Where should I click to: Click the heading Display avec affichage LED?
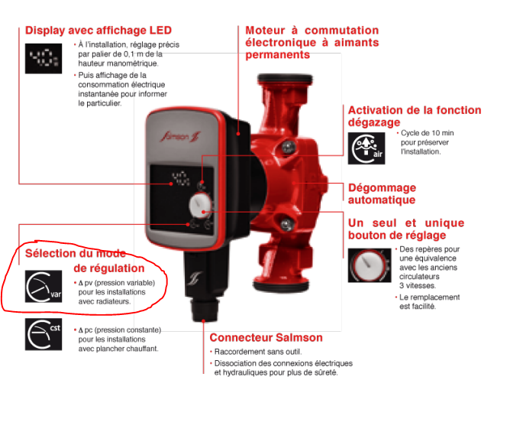pyautogui.click(x=98, y=31)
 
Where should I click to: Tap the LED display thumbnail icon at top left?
pyautogui.click(x=44, y=58)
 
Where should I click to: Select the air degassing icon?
pyautogui.click(x=366, y=148)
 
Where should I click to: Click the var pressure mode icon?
pyautogui.click(x=44, y=287)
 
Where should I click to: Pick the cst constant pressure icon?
pyautogui.click(x=44, y=334)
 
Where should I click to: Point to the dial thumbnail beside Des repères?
pyautogui.click(x=370, y=265)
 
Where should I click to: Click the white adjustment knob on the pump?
pyautogui.click(x=200, y=206)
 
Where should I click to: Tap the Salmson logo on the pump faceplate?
pyautogui.click(x=180, y=136)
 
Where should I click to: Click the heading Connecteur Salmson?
pyautogui.click(x=266, y=337)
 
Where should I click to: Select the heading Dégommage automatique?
pyautogui.click(x=382, y=193)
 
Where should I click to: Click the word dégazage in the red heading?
pyautogui.click(x=374, y=122)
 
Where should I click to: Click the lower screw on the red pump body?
pyautogui.click(x=286, y=224)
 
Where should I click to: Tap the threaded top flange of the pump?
pyautogui.click(x=285, y=80)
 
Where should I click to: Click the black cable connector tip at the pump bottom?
pyautogui.click(x=203, y=310)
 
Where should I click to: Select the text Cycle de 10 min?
pyautogui.click(x=427, y=133)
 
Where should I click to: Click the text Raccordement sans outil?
pyautogui.click(x=258, y=352)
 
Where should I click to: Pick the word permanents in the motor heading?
pyautogui.click(x=277, y=55)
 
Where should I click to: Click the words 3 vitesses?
pyautogui.click(x=418, y=286)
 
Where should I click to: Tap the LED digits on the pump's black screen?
pyautogui.click(x=181, y=178)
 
